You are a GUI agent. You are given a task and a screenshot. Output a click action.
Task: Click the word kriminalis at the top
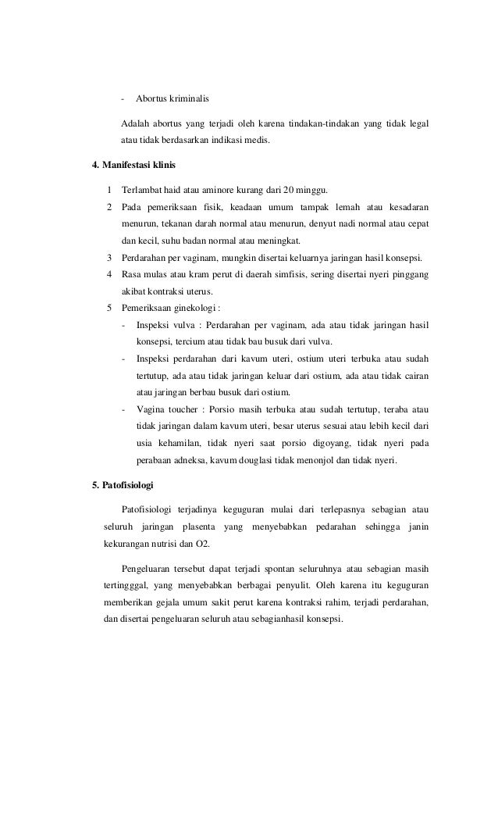click(187, 100)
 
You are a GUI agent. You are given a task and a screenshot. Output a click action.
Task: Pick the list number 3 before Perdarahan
click(109, 258)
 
